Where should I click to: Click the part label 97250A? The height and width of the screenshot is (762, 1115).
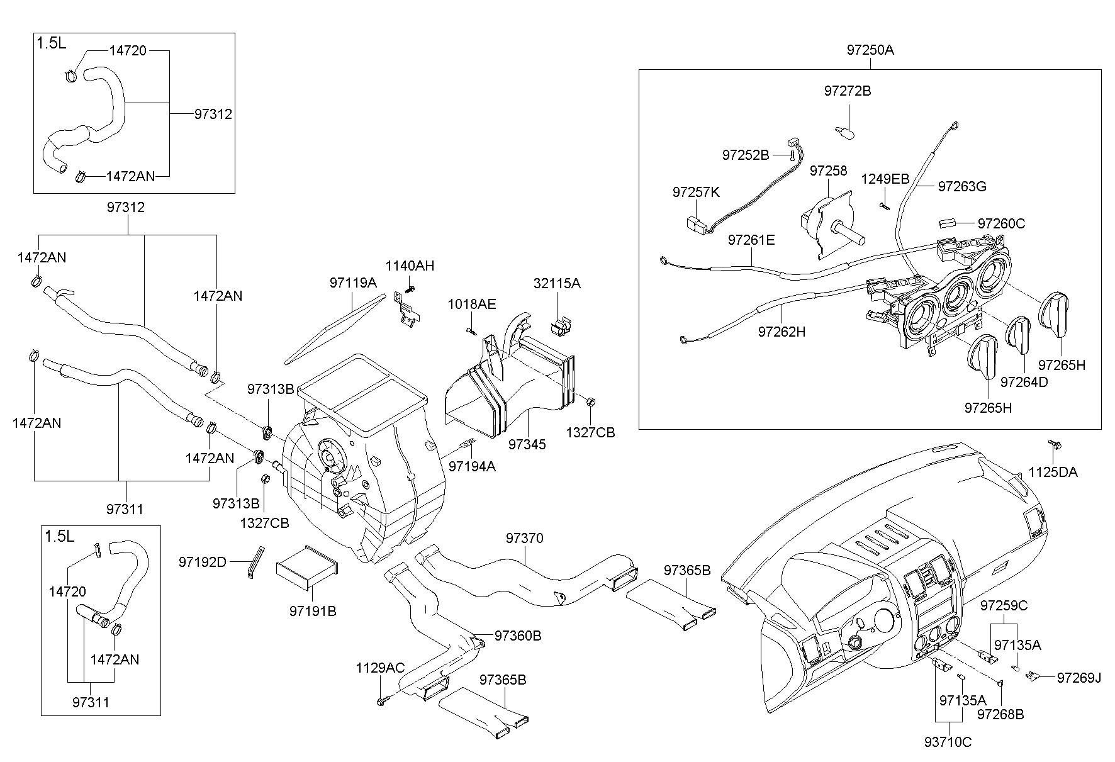(x=870, y=50)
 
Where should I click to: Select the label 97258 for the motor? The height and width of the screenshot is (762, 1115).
(x=828, y=171)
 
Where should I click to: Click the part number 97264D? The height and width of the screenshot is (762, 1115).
(x=1024, y=382)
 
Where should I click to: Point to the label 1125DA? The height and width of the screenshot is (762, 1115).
(x=1053, y=472)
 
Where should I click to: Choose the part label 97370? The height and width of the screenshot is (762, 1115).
(x=524, y=539)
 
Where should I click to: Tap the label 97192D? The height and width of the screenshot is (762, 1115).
(x=202, y=562)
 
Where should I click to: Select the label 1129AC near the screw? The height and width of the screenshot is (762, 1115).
(x=380, y=668)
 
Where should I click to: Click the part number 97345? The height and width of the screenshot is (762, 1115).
(x=527, y=444)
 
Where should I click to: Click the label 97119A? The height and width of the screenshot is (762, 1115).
(x=352, y=283)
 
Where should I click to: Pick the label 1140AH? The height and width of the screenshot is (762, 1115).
(x=410, y=266)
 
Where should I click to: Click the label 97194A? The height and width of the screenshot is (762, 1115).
(x=471, y=466)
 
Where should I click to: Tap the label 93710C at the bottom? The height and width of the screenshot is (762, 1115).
(x=948, y=742)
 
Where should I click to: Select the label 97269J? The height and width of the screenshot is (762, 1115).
(x=1079, y=678)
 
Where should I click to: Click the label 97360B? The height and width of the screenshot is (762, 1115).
(x=517, y=636)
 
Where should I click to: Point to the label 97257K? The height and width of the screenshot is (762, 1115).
(x=695, y=193)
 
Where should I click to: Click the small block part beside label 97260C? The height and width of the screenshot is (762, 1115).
(x=947, y=223)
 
